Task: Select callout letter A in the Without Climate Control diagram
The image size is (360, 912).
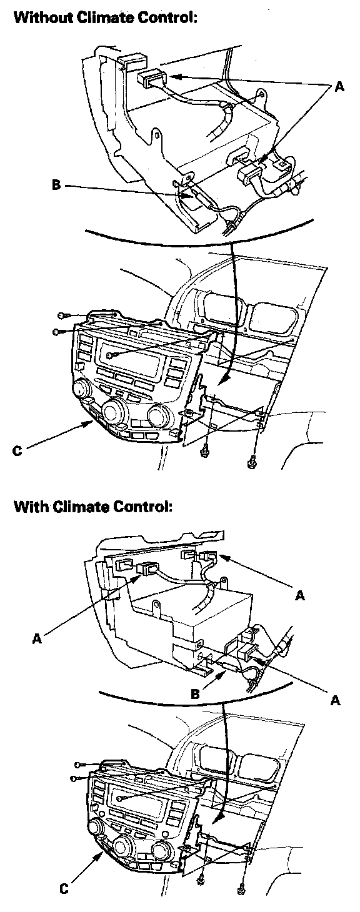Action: pos(339,86)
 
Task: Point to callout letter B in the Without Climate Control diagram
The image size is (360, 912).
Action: pos(56,186)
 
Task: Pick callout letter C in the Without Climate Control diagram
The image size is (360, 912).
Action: pos(17,451)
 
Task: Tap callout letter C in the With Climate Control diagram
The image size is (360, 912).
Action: pos(64,889)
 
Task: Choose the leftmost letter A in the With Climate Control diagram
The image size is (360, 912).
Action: pos(37,638)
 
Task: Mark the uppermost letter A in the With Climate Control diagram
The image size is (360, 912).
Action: pos(300,596)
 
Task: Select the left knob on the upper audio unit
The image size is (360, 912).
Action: pos(81,389)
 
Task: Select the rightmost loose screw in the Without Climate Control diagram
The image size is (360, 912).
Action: pos(251,462)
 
